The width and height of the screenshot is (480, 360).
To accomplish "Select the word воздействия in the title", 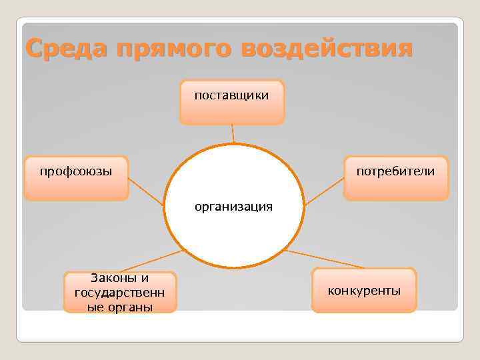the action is (327, 48).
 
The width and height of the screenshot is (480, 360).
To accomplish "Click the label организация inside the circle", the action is (233, 207).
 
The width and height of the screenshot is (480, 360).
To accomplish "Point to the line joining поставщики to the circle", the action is (233, 135).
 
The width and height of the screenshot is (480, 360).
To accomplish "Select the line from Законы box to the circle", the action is (150, 261).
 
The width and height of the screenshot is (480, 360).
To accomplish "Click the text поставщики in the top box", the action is (232, 95).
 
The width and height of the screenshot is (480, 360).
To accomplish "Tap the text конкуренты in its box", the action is (364, 291).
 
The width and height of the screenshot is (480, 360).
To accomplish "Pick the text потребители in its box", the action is (395, 171).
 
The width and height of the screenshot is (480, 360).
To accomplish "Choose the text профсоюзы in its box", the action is (76, 171).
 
